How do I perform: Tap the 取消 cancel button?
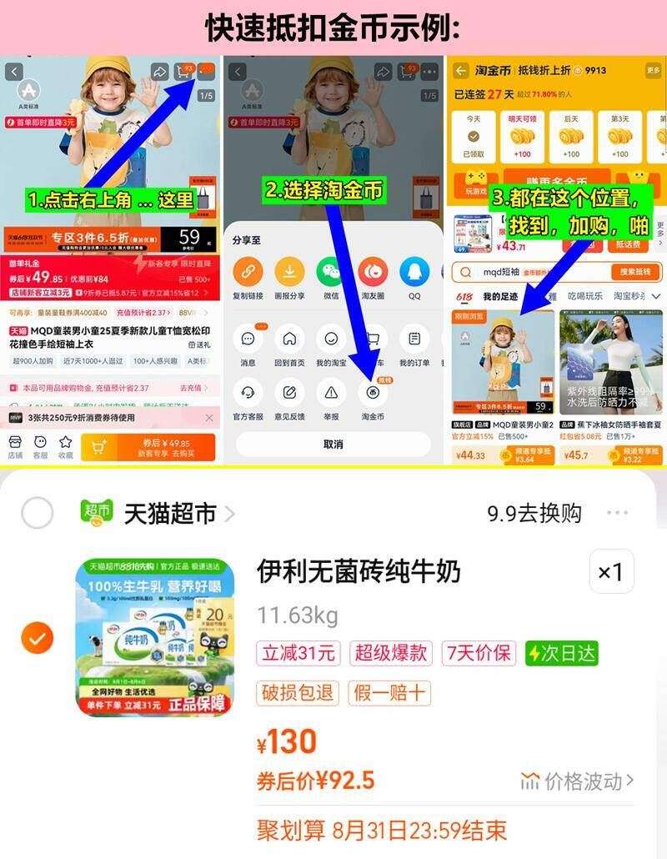click(333, 445)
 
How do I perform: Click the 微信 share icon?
click(331, 272)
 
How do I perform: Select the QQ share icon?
click(414, 272)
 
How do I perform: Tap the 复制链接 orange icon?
click(248, 272)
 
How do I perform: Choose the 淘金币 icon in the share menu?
click(373, 391)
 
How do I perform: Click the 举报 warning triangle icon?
click(331, 391)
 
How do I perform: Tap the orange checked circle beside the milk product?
click(37, 639)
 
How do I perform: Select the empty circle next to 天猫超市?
click(37, 514)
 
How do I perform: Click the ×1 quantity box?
click(611, 572)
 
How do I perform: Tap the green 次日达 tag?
click(561, 653)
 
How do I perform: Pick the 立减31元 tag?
click(298, 653)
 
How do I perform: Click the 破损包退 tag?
click(298, 692)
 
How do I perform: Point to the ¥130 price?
click(287, 741)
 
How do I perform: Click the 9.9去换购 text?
click(534, 514)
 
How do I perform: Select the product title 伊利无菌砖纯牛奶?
click(359, 572)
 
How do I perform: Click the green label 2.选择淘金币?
click(324, 191)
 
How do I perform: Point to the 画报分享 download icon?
click(289, 272)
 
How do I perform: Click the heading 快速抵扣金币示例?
click(333, 28)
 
